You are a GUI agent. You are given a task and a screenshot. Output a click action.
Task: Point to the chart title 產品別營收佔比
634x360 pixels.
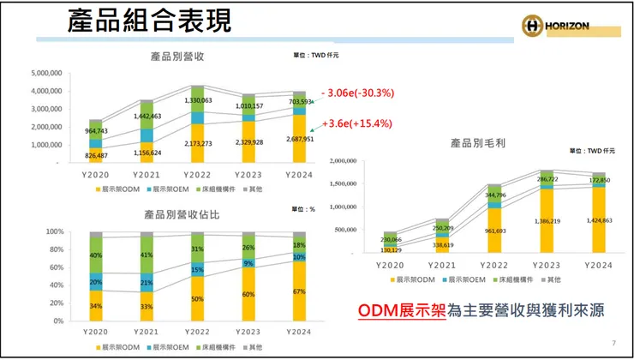[x=180, y=214]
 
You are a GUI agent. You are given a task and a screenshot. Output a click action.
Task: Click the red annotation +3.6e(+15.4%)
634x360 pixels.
[x=356, y=123]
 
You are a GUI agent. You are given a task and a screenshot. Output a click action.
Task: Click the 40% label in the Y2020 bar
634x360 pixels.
[x=96, y=255]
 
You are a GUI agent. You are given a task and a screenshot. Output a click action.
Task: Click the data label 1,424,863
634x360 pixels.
[x=598, y=220]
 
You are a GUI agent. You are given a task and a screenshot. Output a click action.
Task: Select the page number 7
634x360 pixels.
[x=613, y=343]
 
